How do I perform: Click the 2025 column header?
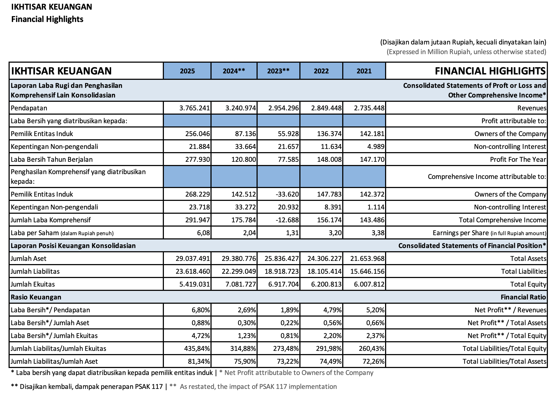(x=187, y=71)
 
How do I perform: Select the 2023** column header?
(x=278, y=71)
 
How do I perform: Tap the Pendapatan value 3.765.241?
(x=195, y=108)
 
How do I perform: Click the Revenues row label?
(x=532, y=108)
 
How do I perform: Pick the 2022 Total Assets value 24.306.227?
(x=324, y=259)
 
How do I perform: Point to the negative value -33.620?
(x=287, y=194)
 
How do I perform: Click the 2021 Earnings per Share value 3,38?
(x=378, y=233)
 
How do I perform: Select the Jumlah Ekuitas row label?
(x=33, y=284)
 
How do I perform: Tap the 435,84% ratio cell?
(x=197, y=349)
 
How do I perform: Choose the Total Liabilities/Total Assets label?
(x=504, y=362)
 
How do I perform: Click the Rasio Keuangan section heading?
(x=36, y=297)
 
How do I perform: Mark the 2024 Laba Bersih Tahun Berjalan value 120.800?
(x=243, y=160)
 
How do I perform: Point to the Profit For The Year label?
(x=518, y=160)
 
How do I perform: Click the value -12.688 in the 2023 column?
(x=287, y=220)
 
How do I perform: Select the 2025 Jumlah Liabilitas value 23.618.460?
(x=193, y=272)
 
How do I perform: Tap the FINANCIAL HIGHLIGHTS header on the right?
(x=490, y=71)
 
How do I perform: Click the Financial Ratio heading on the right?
(x=523, y=297)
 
